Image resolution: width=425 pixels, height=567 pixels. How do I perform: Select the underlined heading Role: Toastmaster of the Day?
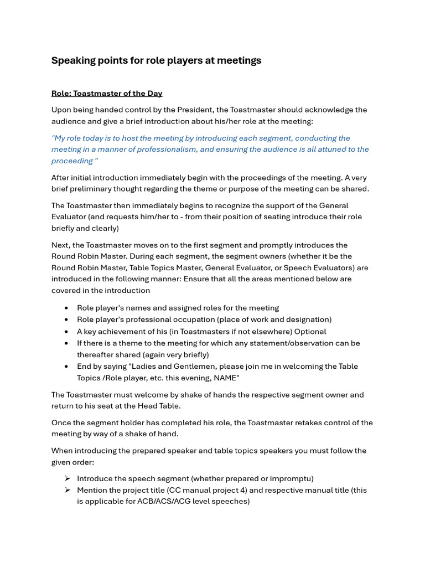(x=107, y=93)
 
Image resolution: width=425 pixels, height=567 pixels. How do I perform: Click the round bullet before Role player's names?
(x=67, y=308)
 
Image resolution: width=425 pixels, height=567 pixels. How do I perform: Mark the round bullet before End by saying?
(x=67, y=367)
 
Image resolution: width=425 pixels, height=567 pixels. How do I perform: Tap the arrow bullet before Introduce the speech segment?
(x=67, y=478)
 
